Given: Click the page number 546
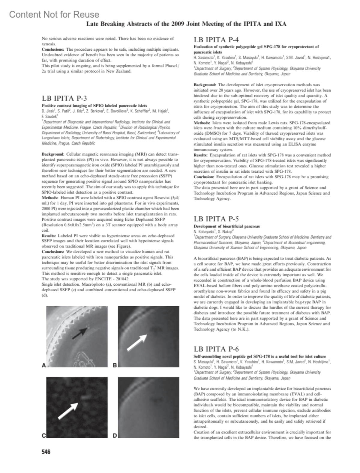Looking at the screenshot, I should pyautogui.click(x=46, y=452).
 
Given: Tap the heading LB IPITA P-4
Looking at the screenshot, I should pyautogui.click(x=216, y=40).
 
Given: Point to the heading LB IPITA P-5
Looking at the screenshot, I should pyautogui.click(x=216, y=219).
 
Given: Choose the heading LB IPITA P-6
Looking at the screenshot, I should pyautogui.click(x=216, y=349).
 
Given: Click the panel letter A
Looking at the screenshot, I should pyautogui.click(x=44, y=365).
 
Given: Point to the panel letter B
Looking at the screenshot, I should pyautogui.click(x=115, y=365).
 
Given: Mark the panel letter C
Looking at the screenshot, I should pyautogui.click(x=44, y=436).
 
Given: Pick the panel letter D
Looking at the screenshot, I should pyautogui.click(x=115, y=436).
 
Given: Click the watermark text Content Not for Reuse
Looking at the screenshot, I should pyautogui.click(x=54, y=14).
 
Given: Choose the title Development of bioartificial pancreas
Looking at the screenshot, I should pyautogui.click(x=226, y=226).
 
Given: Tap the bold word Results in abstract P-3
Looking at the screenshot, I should pyautogui.click(x=49, y=236).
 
